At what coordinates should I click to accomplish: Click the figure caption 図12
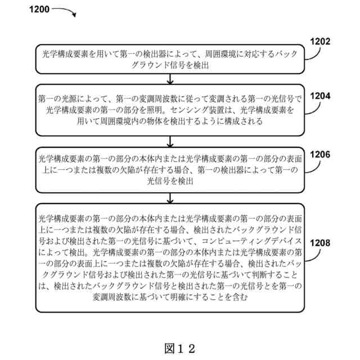pyautogui.click(x=179, y=348)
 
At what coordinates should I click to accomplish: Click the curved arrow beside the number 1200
pyautogui.click(x=64, y=11)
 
